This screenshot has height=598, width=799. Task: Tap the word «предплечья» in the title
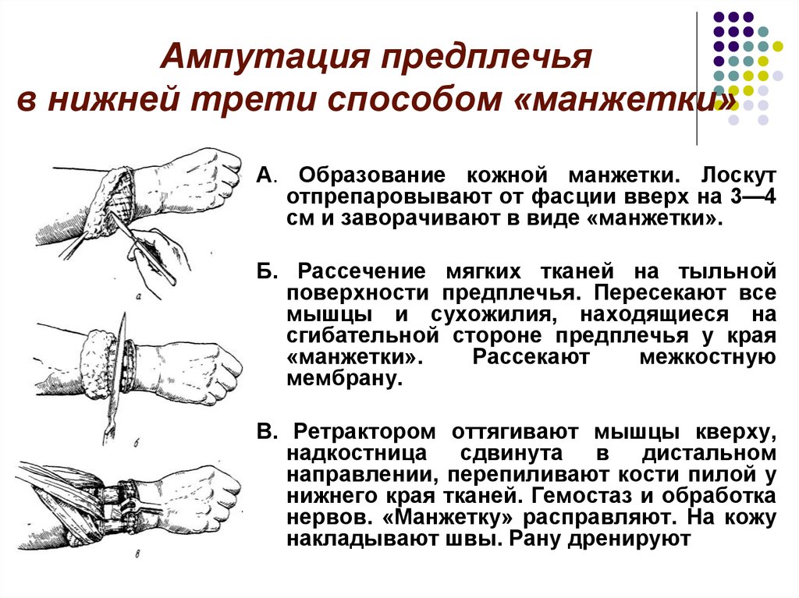click(x=486, y=57)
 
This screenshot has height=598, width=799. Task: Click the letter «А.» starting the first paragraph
click(x=267, y=175)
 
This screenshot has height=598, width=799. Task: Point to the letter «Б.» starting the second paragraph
click(x=267, y=271)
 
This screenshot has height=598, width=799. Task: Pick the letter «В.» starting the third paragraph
click(x=267, y=432)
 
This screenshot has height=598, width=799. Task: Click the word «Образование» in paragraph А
click(x=372, y=176)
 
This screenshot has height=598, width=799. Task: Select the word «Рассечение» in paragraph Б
click(x=361, y=271)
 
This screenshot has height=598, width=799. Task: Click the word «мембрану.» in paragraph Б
click(x=345, y=379)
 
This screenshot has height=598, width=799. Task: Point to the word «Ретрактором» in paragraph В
click(x=364, y=433)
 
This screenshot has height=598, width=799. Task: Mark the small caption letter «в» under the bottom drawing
click(x=137, y=554)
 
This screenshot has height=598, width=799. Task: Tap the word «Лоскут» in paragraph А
click(x=738, y=176)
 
